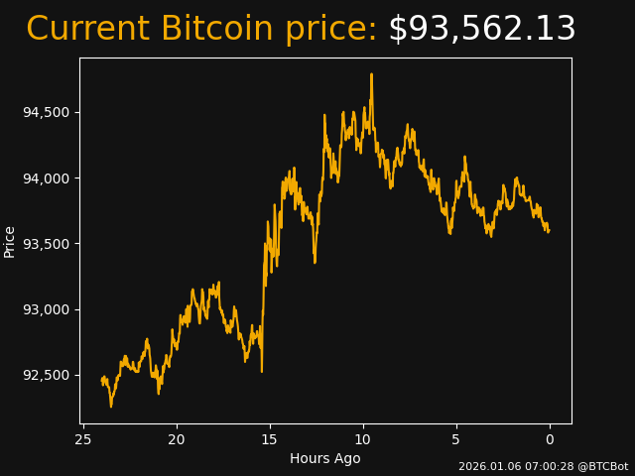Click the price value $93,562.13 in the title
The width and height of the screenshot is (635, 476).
pyautogui.click(x=481, y=30)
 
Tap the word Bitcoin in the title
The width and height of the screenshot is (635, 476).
pyautogui.click(x=215, y=30)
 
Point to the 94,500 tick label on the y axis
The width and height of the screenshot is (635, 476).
pyautogui.click(x=46, y=112)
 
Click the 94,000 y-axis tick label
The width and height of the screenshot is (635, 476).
pyautogui.click(x=46, y=178)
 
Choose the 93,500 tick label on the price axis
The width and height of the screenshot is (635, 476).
pyautogui.click(x=46, y=244)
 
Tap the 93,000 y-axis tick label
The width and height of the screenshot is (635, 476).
pyautogui.click(x=46, y=309)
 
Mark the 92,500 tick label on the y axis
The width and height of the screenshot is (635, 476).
pyautogui.click(x=46, y=375)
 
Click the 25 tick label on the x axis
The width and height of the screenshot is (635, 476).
pyautogui.click(x=83, y=439)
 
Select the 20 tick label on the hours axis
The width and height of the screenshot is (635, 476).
pyautogui.click(x=177, y=439)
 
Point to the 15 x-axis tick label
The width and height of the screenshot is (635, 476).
pyautogui.click(x=270, y=439)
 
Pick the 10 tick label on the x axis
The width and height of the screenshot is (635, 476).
pyautogui.click(x=363, y=439)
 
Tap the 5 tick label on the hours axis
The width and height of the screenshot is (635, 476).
pyautogui.click(x=456, y=439)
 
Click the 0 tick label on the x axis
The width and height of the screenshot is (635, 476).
pyautogui.click(x=550, y=439)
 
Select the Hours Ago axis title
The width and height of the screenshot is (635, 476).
pyautogui.click(x=325, y=458)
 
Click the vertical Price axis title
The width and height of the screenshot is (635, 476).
pyautogui.click(x=10, y=241)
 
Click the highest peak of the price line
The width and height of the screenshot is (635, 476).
pyautogui.click(x=371, y=74)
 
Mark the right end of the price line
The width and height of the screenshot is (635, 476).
pyautogui.click(x=549, y=230)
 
